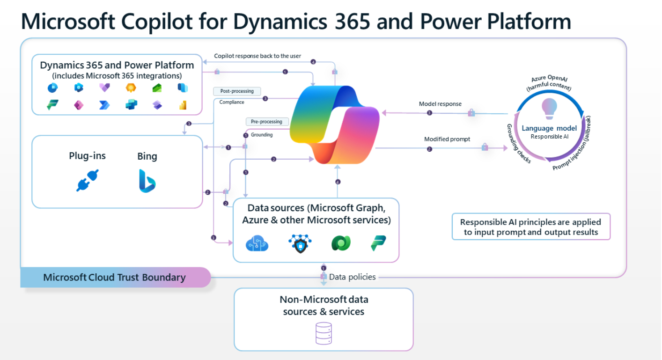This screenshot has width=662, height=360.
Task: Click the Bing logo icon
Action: point(147,181)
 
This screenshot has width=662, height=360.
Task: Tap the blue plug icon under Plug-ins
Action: point(88,180)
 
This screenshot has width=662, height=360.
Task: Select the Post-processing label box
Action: point(237,91)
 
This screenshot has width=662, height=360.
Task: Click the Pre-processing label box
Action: point(266,121)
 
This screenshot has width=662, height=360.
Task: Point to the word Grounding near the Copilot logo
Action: point(262,135)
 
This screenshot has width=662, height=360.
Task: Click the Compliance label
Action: point(232,102)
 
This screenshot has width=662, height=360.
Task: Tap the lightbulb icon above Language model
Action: point(549,109)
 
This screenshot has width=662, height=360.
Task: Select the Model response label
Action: point(440,104)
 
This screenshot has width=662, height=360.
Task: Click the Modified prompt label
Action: point(447,139)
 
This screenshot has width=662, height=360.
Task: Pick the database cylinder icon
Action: point(324,333)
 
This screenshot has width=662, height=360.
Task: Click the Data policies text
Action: point(352,277)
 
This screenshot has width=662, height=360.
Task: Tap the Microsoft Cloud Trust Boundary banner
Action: point(115,277)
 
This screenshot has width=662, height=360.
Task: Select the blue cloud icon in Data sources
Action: point(257,243)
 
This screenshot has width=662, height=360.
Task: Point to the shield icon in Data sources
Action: point(300,243)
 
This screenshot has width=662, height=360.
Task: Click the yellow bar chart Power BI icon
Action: point(183,105)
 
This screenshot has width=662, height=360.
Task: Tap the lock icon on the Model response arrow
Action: point(471,112)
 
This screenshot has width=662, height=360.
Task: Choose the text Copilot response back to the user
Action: point(257,56)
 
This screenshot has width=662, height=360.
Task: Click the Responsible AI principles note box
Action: point(531,227)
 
